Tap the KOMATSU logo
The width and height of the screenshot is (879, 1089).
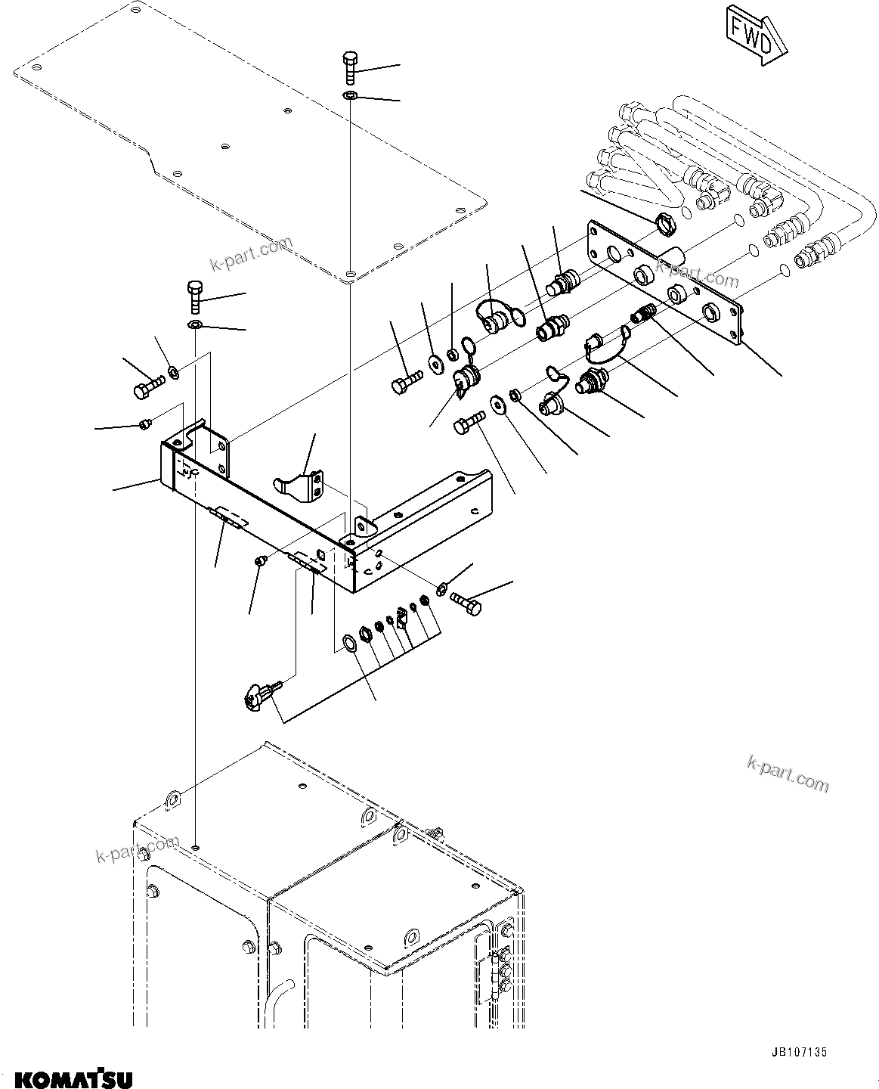69,1076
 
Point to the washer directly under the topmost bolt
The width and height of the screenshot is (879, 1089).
349,95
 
